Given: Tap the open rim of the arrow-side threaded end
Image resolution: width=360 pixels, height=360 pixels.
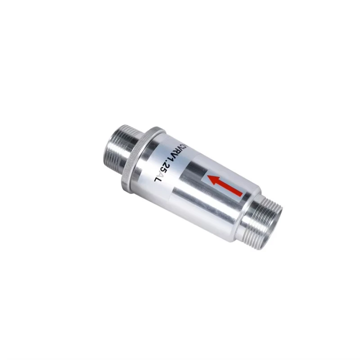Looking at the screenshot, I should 275,216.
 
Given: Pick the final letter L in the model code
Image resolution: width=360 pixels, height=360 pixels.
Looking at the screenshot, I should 157,180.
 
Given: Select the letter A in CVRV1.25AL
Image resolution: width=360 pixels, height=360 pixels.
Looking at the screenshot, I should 160,174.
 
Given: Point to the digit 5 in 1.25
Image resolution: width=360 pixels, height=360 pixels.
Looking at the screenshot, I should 163,169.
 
